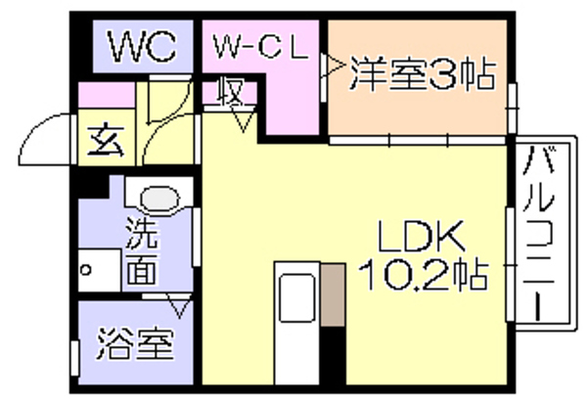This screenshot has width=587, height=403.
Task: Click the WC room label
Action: pyautogui.click(x=142, y=46)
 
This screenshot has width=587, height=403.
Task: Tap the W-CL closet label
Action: pyautogui.click(x=261, y=47)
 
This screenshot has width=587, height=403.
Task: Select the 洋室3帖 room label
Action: pyautogui.click(x=423, y=74)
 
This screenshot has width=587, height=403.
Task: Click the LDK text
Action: pyautogui.click(x=422, y=237)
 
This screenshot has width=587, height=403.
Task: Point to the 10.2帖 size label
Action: pyautogui.click(x=424, y=276)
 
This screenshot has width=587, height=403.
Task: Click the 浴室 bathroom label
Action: pyautogui.click(x=136, y=343)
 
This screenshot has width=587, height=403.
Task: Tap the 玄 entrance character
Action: pyautogui.click(x=106, y=141)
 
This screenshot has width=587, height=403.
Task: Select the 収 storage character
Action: pyautogui.click(x=231, y=92)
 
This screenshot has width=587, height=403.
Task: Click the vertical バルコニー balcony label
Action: pyautogui.click(x=539, y=234)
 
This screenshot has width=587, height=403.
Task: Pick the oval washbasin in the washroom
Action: pyautogui.click(x=159, y=199)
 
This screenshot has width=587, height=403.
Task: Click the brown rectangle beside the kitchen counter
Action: pyautogui.click(x=333, y=294)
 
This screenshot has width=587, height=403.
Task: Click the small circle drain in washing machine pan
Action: pyautogui.click(x=86, y=269)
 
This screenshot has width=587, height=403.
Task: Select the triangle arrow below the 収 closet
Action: pyautogui.click(x=244, y=120)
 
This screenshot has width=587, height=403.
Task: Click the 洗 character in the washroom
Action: pyautogui.click(x=141, y=233)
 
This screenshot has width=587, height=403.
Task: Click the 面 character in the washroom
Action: pyautogui.click(x=141, y=268)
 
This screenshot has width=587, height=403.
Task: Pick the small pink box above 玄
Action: pyautogui.click(x=107, y=95)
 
